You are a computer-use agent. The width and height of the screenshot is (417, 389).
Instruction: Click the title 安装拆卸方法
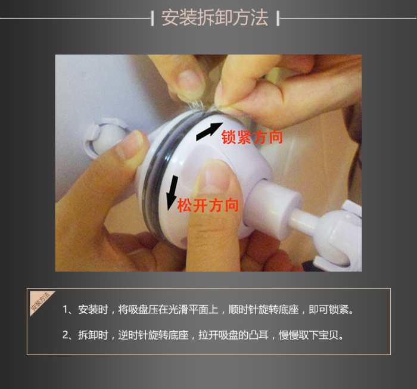click(x=214, y=17)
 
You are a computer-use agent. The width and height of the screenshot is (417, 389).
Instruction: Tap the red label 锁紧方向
click(x=252, y=137)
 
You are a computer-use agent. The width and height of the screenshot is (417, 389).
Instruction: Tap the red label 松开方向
click(x=208, y=206)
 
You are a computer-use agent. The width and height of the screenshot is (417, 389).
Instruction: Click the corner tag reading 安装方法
click(x=39, y=301)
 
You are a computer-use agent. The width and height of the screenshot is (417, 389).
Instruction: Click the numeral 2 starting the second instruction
click(x=66, y=335)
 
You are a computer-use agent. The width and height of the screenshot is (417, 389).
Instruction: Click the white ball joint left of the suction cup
click(x=104, y=138)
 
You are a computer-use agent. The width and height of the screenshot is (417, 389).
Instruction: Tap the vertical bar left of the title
click(x=152, y=18)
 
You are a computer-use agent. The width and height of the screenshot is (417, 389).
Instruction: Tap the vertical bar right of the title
click(x=278, y=18)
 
